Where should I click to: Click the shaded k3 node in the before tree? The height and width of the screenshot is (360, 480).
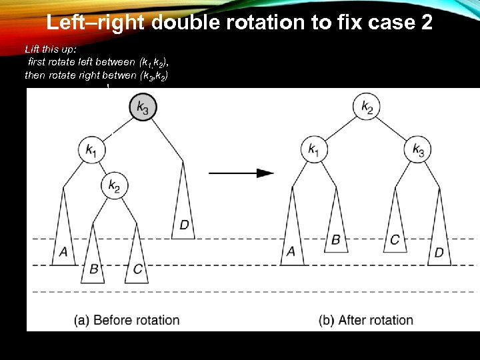point(143,106)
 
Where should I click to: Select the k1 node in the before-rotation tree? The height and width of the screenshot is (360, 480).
point(91,150)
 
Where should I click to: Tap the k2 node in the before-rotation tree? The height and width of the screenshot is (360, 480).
point(115,186)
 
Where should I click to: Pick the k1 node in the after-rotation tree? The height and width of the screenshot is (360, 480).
point(313,150)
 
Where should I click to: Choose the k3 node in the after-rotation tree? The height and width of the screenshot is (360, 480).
point(418,150)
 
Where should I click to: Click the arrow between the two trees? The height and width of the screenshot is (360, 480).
point(241,173)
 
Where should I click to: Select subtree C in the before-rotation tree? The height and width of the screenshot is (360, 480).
point(137,257)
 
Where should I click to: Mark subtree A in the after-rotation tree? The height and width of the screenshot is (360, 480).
point(291,233)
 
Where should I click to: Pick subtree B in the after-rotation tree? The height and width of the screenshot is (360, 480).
point(335,223)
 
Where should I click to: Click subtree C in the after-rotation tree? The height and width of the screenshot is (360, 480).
point(395,223)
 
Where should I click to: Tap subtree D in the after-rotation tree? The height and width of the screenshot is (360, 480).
point(439,233)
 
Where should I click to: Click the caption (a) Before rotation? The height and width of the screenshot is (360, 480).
point(127,320)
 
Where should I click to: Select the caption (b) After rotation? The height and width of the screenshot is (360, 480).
point(366,320)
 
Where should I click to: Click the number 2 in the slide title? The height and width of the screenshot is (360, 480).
point(426,23)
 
